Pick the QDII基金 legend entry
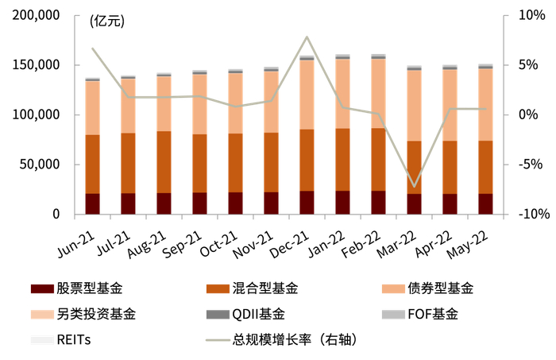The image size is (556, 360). [x=257, y=313]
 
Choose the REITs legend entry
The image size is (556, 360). [x=74, y=339]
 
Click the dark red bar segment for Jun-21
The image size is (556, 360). [x=93, y=204]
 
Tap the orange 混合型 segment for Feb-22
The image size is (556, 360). [x=379, y=159]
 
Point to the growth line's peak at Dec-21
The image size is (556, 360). [x=307, y=37]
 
